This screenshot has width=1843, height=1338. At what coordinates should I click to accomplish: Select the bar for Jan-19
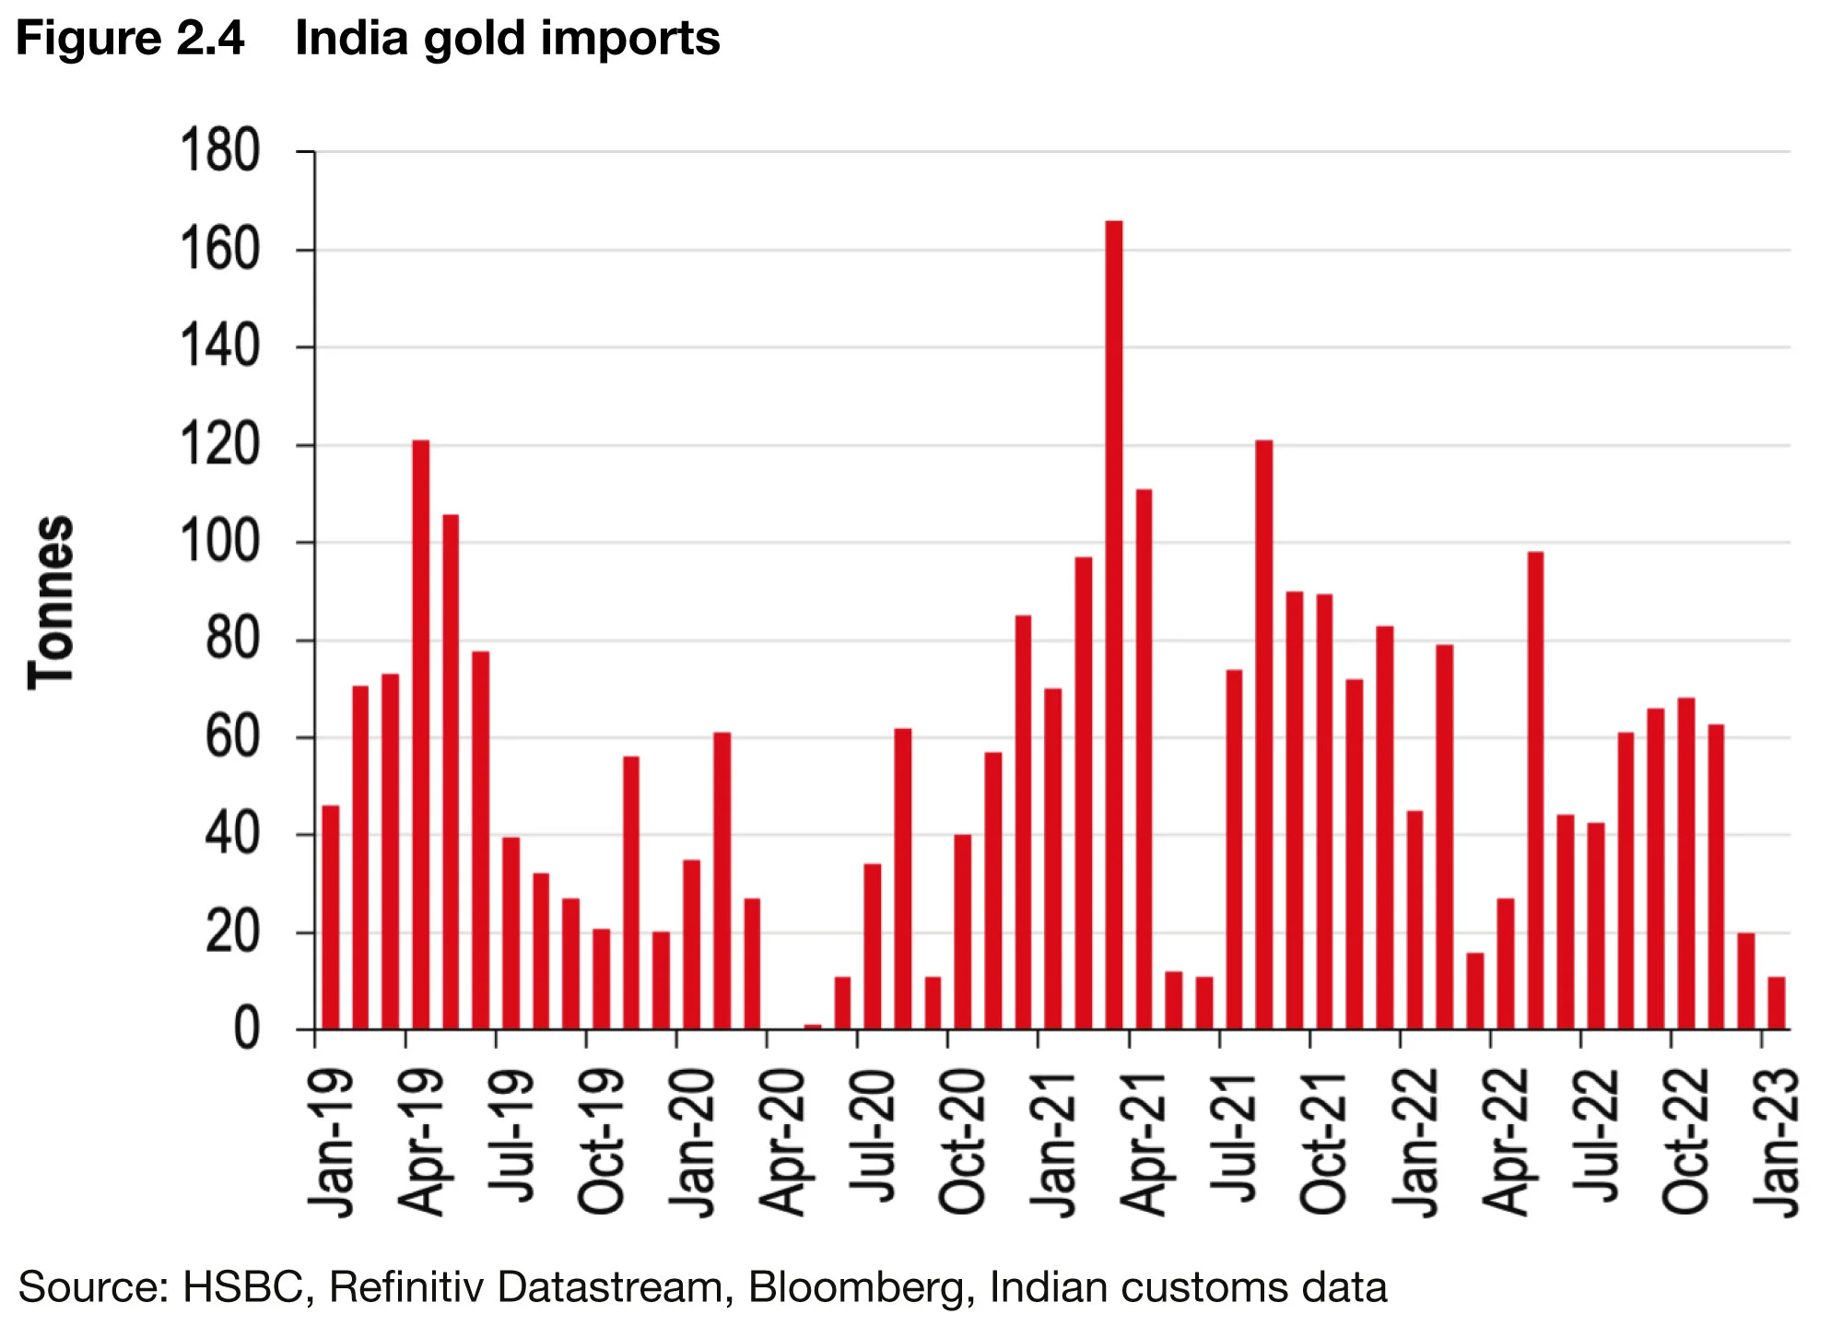coord(331,917)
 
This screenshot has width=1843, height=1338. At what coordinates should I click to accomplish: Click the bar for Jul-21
coord(1235,849)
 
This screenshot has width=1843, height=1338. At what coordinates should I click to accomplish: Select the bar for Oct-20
coord(963,932)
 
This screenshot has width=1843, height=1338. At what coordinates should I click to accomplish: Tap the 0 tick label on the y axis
coord(246,1030)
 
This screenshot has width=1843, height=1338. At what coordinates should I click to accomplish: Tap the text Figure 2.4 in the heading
coord(131,39)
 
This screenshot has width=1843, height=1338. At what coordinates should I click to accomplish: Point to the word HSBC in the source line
coord(243,1287)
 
